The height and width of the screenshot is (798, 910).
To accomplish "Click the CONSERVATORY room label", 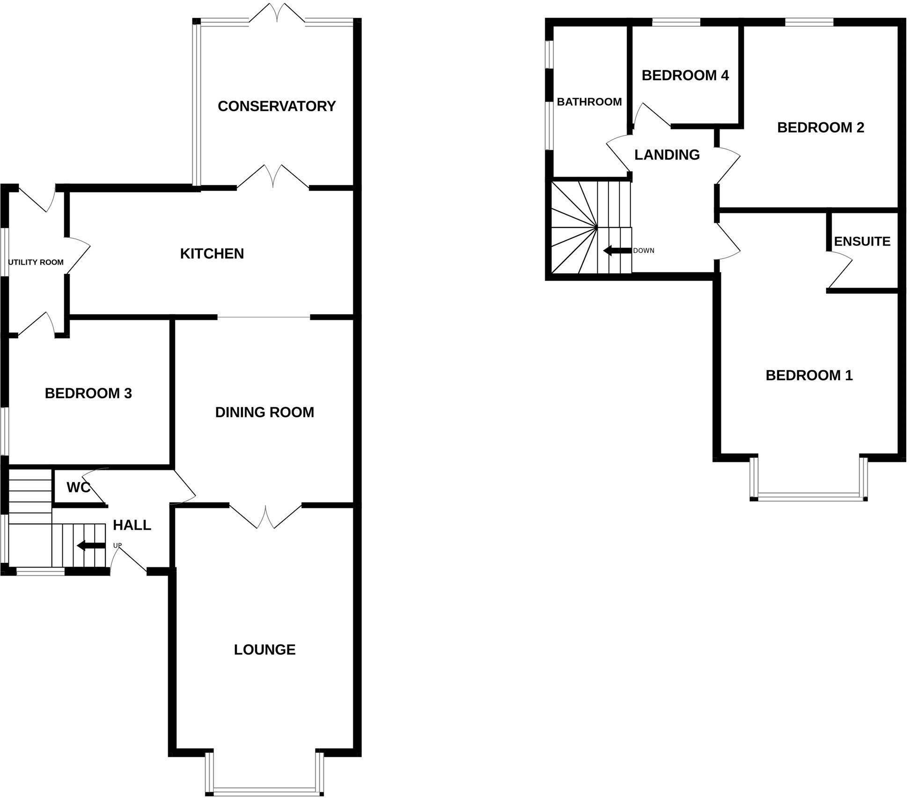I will (x=277, y=106).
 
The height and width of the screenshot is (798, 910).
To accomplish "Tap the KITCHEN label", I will (x=212, y=254).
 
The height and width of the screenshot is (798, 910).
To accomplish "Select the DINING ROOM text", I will (x=264, y=412).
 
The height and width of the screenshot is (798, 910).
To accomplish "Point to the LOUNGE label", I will (x=264, y=650).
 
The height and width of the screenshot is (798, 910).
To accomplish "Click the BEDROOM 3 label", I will (x=88, y=393).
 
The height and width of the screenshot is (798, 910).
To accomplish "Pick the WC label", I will (x=78, y=488).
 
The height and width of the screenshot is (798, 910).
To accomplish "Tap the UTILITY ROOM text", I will (x=36, y=262).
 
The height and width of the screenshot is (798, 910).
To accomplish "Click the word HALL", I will (x=132, y=525).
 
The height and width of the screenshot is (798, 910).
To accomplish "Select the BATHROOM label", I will (x=589, y=102).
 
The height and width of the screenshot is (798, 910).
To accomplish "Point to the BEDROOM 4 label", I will (x=685, y=75).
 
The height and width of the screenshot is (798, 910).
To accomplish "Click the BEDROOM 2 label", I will (x=821, y=127).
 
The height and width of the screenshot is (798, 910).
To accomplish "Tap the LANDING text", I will (x=667, y=155).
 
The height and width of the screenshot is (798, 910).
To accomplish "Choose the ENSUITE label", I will (x=862, y=242).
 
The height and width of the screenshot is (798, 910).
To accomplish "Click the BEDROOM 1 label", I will (x=809, y=375).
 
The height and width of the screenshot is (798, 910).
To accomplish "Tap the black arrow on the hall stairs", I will (x=91, y=546).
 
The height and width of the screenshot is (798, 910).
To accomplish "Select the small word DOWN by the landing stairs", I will (x=644, y=251).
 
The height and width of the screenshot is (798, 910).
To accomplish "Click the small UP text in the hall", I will (x=117, y=546).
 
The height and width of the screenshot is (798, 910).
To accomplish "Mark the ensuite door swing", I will (x=842, y=269).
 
